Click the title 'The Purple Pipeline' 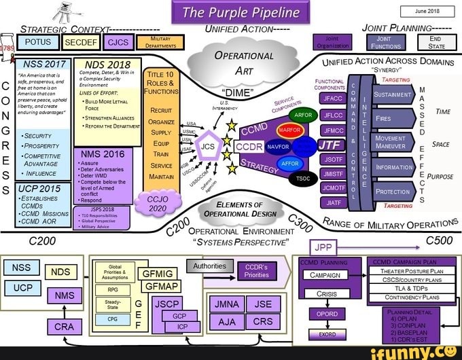point(241,13)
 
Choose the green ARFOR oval point(304,114)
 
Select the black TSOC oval point(301,179)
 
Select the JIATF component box point(332,202)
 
